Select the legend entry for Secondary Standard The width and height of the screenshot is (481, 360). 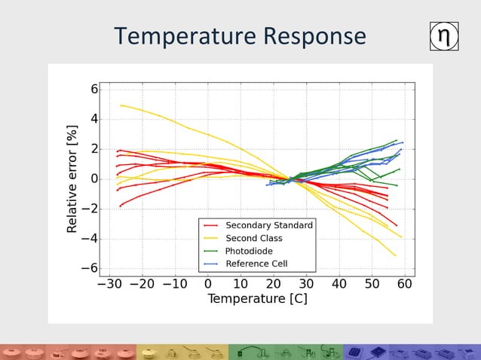268,225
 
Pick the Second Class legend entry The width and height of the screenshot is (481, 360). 254,238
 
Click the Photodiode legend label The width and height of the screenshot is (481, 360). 249,251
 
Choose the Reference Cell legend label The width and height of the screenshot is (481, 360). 256,264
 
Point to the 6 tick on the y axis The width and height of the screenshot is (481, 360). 94,89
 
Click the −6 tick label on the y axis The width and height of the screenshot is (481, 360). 90,268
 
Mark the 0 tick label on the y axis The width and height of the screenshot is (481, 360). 94,178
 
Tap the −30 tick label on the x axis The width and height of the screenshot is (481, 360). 109,284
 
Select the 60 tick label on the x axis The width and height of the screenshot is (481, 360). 405,284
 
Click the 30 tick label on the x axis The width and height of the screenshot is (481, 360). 306,284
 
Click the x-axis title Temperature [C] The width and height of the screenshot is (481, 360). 257,299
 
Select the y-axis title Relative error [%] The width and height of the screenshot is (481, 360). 73,178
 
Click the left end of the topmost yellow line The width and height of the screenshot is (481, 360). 121,105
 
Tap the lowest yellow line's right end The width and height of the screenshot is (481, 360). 396,256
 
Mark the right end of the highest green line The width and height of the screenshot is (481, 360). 397,140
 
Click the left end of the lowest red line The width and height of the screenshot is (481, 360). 120,206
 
